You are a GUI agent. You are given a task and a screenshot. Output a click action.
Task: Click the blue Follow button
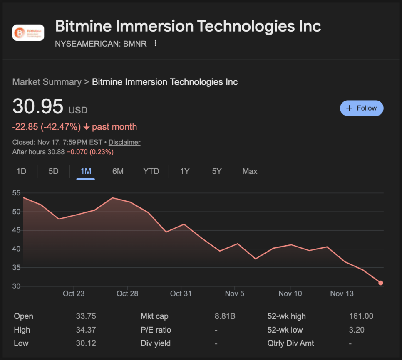click(x=362, y=108)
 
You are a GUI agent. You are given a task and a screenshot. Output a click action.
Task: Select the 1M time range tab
click(x=86, y=171)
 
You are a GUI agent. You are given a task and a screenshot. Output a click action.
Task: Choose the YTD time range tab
click(x=151, y=171)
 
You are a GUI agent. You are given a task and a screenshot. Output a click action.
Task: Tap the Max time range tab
click(x=250, y=171)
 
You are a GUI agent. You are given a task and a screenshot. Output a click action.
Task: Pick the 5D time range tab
click(x=53, y=171)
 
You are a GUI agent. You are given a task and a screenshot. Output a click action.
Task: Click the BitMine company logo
click(x=28, y=32)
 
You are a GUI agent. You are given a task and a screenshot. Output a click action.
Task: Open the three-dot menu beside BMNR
click(x=156, y=43)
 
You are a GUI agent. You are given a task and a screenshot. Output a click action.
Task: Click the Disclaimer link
click(x=124, y=142)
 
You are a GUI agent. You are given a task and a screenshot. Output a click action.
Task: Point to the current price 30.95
click(x=38, y=106)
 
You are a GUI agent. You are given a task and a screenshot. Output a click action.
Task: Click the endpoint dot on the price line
click(x=380, y=283)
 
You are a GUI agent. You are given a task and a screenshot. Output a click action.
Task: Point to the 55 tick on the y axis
click(x=17, y=193)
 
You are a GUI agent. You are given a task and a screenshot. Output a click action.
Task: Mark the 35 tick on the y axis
click(x=17, y=268)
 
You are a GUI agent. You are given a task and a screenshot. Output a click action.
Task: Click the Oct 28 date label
click(x=127, y=293)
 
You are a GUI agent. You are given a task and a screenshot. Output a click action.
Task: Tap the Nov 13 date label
click(x=342, y=293)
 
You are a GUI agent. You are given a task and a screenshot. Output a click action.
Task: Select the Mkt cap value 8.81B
click(x=225, y=316)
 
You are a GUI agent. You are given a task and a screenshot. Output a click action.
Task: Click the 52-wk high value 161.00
click(x=361, y=316)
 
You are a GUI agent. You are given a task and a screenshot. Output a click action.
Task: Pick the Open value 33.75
click(x=86, y=316)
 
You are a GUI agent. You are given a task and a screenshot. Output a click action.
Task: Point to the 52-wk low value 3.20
click(x=357, y=330)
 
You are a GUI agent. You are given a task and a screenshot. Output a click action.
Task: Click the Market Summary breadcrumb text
click(x=47, y=82)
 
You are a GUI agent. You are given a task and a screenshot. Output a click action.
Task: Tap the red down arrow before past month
click(x=87, y=127)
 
